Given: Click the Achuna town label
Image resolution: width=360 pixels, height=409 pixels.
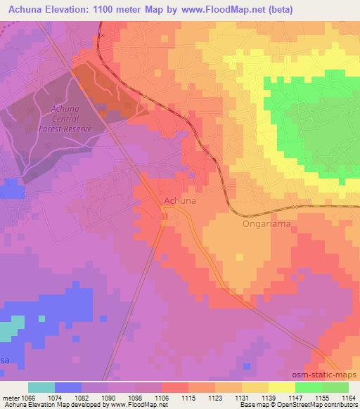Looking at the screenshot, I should pyautogui.click(x=179, y=200).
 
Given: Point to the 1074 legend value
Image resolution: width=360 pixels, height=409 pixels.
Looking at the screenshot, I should pyautogui.click(x=56, y=398).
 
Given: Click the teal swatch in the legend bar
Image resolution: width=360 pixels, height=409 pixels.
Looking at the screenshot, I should pyautogui.click(x=41, y=388).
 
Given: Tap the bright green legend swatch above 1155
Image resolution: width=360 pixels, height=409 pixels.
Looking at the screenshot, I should pyautogui.click(x=308, y=388).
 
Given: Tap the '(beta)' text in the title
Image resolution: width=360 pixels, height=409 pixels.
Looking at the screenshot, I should pyautogui.click(x=278, y=9).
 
